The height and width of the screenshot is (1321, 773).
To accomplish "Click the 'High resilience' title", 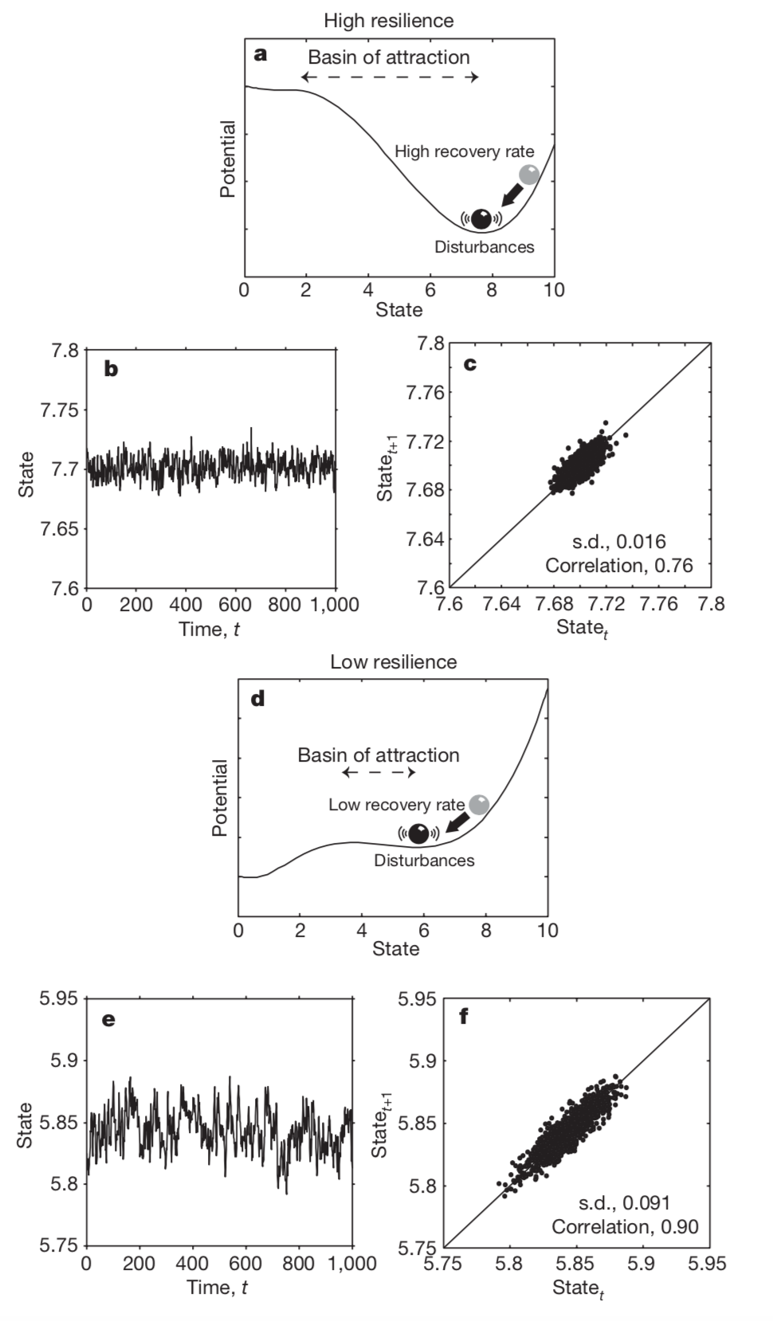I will pyautogui.click(x=388, y=21).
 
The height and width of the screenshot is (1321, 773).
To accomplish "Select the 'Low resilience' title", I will pyautogui.click(x=394, y=662).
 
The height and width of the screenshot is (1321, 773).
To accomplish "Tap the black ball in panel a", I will pyautogui.click(x=481, y=218).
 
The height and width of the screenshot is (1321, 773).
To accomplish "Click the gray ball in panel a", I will pyautogui.click(x=528, y=174).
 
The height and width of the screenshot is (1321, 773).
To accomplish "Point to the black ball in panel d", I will pyautogui.click(x=418, y=833).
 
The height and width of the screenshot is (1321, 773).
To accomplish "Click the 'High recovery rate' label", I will pyautogui.click(x=464, y=151).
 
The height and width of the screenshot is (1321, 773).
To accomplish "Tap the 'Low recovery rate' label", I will pyautogui.click(x=396, y=805).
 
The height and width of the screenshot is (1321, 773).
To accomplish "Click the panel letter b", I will pyautogui.click(x=111, y=369).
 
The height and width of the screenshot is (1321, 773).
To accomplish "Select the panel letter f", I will pyautogui.click(x=463, y=1017).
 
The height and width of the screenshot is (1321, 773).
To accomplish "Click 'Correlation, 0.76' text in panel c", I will pyautogui.click(x=618, y=566).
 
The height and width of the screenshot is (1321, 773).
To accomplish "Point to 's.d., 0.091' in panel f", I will pyautogui.click(x=624, y=1202).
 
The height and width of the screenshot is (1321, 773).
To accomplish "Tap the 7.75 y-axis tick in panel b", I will pyautogui.click(x=61, y=410).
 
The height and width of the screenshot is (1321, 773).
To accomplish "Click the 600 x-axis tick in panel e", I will pyautogui.click(x=245, y=1263).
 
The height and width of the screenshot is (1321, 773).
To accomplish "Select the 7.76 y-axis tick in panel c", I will pyautogui.click(x=426, y=392).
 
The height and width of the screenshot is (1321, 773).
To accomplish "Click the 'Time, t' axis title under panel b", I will pyautogui.click(x=210, y=629).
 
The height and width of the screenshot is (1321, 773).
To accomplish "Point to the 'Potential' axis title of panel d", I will pyautogui.click(x=220, y=798).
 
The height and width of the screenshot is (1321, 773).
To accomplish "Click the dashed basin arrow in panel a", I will pyautogui.click(x=390, y=77).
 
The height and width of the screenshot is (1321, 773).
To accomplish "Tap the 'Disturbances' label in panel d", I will pyautogui.click(x=424, y=860).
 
